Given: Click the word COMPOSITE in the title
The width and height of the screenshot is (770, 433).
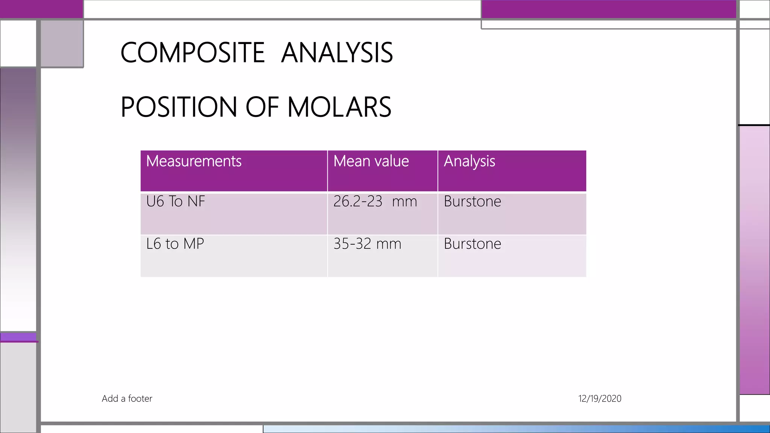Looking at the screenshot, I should click(x=192, y=53).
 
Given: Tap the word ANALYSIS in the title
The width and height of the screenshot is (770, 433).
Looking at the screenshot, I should click(x=337, y=53).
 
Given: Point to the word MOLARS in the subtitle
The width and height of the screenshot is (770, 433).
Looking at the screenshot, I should click(x=339, y=107).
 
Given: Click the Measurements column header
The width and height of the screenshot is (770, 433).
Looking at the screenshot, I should click(x=194, y=161).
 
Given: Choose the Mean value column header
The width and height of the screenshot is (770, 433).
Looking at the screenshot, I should click(x=371, y=161).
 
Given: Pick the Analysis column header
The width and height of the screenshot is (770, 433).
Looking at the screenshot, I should click(x=469, y=161).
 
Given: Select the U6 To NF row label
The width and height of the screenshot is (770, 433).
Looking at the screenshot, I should click(x=176, y=201).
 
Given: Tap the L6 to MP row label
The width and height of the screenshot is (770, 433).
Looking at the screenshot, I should click(x=175, y=244).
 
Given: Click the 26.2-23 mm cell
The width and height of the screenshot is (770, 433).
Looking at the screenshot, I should click(x=375, y=201).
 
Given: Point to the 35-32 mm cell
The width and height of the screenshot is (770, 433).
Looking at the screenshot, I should click(x=367, y=244).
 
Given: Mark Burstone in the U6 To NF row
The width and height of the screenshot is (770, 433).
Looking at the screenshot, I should click(x=472, y=201).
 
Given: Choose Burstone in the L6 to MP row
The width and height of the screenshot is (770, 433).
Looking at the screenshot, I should click(x=472, y=244).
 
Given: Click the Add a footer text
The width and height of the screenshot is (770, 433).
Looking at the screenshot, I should click(x=127, y=398).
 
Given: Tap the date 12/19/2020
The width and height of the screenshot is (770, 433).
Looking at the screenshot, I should click(x=600, y=398).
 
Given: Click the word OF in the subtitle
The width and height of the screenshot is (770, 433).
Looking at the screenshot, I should click(x=262, y=107).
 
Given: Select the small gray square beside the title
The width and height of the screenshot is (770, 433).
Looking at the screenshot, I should click(x=62, y=43).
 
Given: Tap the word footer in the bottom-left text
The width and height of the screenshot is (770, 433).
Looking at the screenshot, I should click(x=140, y=398).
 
